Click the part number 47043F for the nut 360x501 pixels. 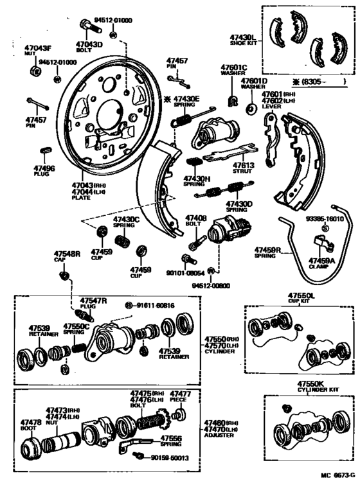coord(38,49)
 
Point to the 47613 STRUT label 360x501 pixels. coord(245,168)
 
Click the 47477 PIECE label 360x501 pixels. coord(180,396)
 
